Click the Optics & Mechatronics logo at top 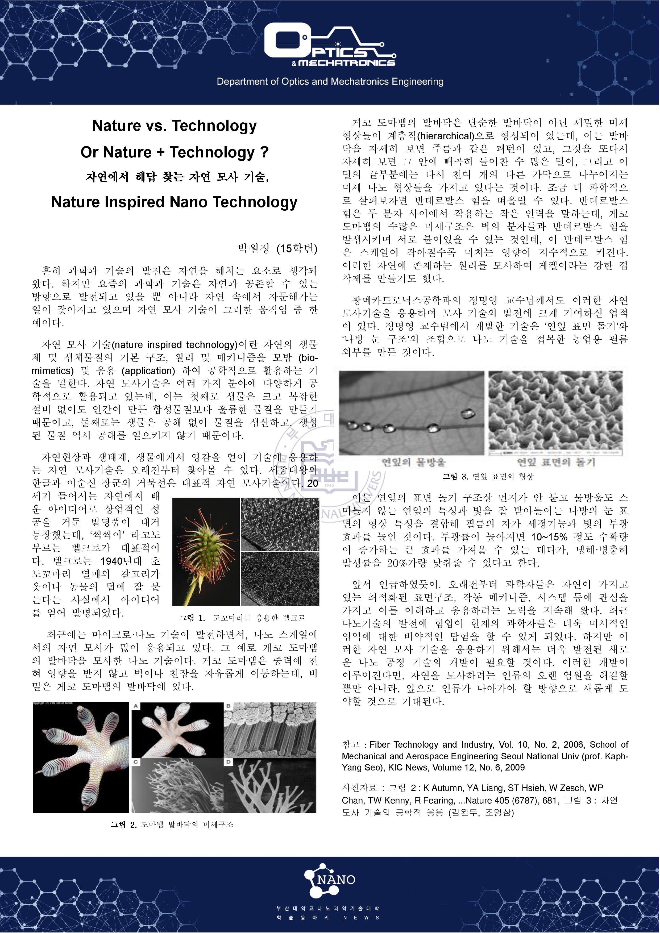pos(330,45)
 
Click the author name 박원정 pos(254,248)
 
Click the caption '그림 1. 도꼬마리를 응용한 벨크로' pos(242,618)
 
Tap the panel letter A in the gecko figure pos(136,706)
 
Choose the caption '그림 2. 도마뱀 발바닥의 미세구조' pos(172,824)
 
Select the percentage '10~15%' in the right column pos(549,537)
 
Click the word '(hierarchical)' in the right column pos(446,136)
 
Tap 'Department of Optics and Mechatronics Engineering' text pos(330,82)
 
